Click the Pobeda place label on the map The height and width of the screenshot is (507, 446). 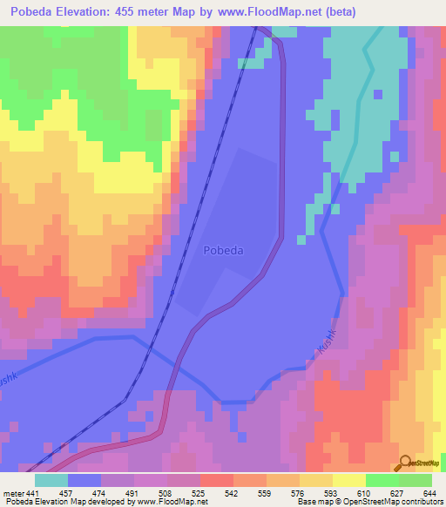(x=222, y=250)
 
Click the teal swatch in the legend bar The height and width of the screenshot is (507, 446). (x=51, y=480)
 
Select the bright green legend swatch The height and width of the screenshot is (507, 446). (x=382, y=480)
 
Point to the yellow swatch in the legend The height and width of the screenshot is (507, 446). (x=349, y=480)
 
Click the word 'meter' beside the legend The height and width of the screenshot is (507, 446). (x=13, y=492)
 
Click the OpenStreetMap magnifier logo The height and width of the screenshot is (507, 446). (x=405, y=463)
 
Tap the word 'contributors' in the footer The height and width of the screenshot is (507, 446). (x=419, y=502)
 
